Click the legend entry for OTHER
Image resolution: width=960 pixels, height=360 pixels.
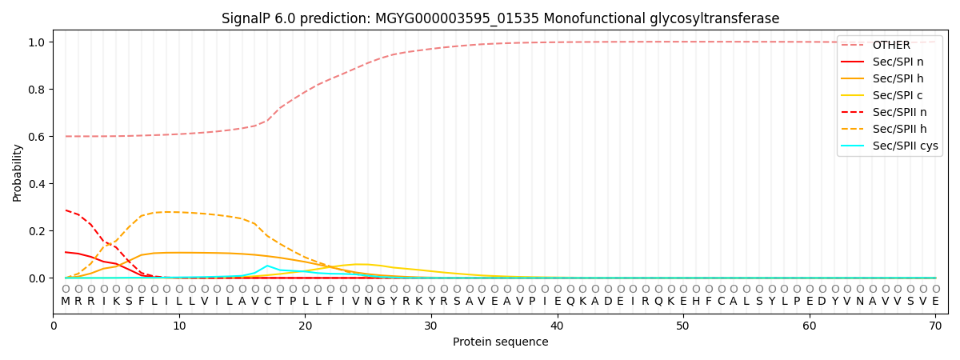[x=888, y=45]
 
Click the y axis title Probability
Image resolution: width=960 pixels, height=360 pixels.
[x=18, y=172]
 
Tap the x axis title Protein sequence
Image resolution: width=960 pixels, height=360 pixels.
[x=501, y=342]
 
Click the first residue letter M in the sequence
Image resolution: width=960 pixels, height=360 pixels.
[x=66, y=302]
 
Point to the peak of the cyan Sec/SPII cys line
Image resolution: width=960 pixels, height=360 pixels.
[x=267, y=266]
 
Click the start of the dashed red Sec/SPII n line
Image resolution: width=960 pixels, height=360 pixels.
[x=66, y=210]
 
